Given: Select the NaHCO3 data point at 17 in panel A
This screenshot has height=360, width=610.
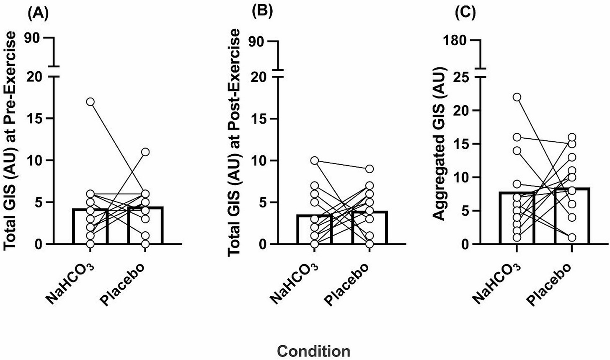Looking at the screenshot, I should coord(90,102).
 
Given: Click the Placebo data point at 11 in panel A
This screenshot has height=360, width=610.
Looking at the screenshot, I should coord(145,152).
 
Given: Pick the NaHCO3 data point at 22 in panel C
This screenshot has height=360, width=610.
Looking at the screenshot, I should coord(517,97).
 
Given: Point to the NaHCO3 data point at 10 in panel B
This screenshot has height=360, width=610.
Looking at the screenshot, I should coord(315,161).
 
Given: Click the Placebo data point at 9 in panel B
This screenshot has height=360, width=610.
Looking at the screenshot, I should coord(369,169).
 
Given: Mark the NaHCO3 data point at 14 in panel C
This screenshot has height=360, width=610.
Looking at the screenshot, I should coord(517,150).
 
